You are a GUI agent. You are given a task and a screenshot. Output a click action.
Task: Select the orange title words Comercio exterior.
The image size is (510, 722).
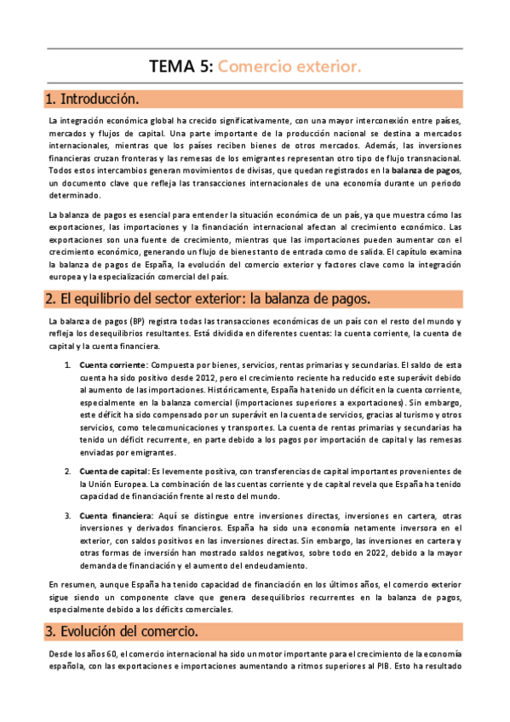(289, 66)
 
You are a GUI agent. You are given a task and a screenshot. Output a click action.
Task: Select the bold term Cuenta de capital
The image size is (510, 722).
(113, 471)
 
